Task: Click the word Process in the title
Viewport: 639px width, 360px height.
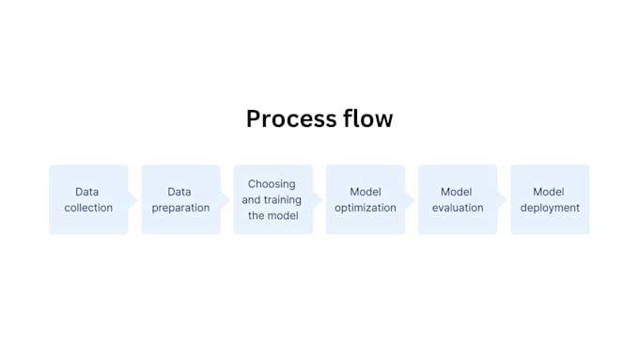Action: pos(288,119)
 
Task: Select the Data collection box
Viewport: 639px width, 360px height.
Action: pos(88,199)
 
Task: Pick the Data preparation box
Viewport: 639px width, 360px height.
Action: pos(180,199)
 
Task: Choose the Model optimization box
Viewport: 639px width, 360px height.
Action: pos(365,199)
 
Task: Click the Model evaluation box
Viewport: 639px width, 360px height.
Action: pos(457,199)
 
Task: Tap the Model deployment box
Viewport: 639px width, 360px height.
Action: pos(550,199)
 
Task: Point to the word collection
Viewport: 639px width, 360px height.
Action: pos(88,208)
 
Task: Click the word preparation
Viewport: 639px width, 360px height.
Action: pos(180,208)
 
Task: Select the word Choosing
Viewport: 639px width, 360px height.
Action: pos(272,184)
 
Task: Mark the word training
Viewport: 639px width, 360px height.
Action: pos(287,200)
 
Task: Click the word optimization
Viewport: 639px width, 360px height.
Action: pos(366,208)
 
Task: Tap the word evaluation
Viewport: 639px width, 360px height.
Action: pos(458,208)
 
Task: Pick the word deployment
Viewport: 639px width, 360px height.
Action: pos(550,208)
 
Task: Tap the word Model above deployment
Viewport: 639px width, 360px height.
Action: pos(550,192)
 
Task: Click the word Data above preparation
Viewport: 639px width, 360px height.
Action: pos(180,192)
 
